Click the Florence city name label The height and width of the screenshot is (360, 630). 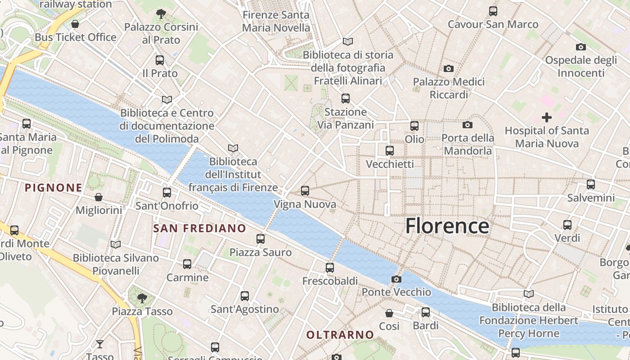pos(447,226)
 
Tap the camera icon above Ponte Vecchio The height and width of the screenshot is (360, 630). pos(396,279)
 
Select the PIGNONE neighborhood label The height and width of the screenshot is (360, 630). pos(54,188)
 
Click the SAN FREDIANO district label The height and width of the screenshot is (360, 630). pos(199,229)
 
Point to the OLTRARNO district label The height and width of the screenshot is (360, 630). pos(340,335)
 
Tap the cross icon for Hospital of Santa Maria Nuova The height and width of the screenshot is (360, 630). pos(547,118)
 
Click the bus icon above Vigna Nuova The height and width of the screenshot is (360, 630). pos(305,191)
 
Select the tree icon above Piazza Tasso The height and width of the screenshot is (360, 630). pos(142,298)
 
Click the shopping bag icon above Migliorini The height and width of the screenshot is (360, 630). pos(99,197)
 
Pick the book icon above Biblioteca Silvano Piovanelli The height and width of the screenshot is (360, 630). pos(116,244)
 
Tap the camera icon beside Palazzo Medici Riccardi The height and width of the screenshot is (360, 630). pos(448,69)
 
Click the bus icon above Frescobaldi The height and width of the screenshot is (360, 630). pos(330,268)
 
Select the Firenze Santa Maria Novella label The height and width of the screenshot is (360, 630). pos(276,21)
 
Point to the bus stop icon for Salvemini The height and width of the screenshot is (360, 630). pos(591,184)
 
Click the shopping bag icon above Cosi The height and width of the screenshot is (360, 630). pos(389,313)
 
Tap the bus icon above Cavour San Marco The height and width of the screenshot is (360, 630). pos(493,11)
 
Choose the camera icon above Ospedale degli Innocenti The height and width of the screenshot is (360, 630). pos(580,47)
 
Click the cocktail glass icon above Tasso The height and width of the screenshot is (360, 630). pos(100,344)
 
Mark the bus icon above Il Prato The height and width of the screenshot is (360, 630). pos(159,60)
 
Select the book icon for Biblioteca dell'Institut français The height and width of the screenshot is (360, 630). pos(233,148)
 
